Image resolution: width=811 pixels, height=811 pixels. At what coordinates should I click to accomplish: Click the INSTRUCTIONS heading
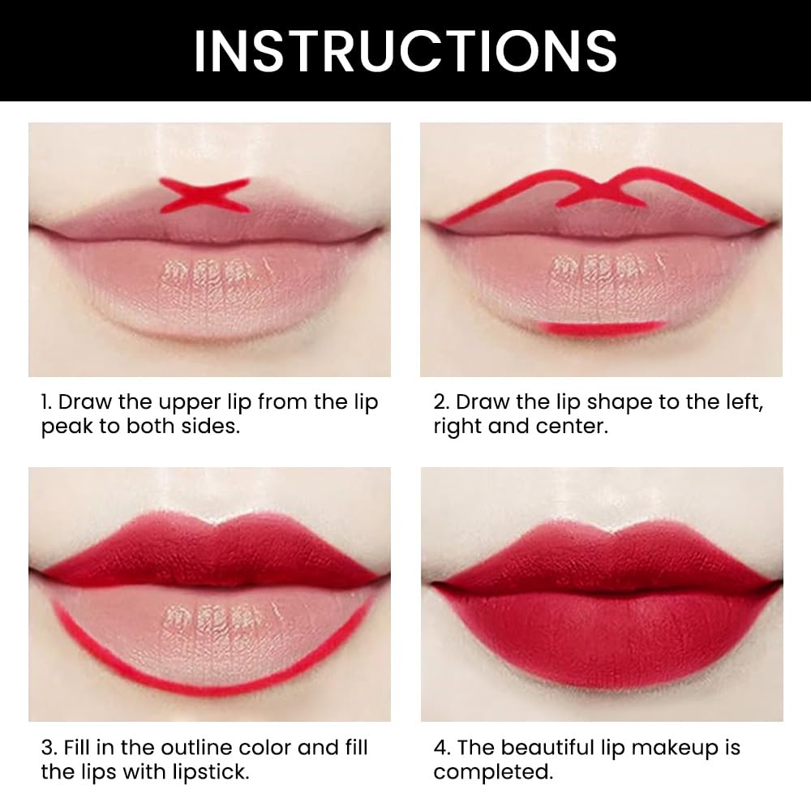[405, 50]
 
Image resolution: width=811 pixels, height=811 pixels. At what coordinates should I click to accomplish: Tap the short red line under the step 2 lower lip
[601, 327]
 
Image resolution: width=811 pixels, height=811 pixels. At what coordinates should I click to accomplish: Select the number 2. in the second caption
[441, 402]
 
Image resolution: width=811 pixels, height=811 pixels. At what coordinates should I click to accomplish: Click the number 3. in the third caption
[48, 748]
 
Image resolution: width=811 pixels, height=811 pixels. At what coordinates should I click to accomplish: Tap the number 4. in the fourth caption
[441, 748]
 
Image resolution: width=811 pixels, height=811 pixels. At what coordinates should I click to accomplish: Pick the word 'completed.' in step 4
[492, 772]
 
